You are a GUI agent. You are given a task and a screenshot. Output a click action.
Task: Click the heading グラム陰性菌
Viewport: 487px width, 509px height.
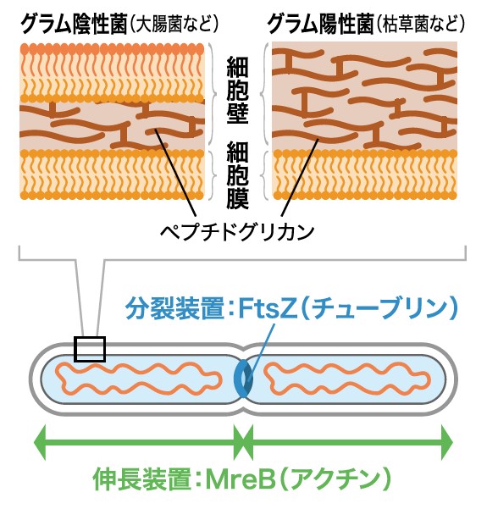(74, 25)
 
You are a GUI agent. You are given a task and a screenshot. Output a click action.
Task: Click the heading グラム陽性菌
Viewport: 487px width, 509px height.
(320, 25)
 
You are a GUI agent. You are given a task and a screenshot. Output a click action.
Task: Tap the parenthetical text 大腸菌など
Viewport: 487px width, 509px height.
(174, 25)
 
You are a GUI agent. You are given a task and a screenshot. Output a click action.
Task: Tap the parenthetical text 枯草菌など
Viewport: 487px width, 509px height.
(420, 25)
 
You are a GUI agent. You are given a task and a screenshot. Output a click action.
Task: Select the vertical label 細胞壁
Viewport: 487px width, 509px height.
(238, 91)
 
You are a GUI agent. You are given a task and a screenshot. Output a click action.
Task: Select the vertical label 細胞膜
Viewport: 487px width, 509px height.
(238, 174)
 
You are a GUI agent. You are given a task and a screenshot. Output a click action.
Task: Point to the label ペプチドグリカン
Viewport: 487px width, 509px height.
(238, 231)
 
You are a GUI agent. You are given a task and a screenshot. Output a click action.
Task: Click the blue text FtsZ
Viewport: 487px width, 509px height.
(267, 309)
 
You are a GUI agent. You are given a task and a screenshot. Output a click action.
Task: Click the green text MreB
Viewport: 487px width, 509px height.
(241, 479)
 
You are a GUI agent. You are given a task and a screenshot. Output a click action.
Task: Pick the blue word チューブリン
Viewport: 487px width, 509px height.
(379, 309)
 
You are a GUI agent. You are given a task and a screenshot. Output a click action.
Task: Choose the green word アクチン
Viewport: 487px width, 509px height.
(335, 479)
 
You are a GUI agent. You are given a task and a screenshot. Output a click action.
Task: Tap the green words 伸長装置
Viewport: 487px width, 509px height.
(142, 479)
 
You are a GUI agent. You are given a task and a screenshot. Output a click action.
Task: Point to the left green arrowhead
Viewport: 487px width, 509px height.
(41, 442)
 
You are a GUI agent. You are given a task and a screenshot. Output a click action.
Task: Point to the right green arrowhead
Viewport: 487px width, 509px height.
(447, 442)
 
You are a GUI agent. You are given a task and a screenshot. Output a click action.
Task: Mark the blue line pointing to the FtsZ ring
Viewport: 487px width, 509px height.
(260, 351)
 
